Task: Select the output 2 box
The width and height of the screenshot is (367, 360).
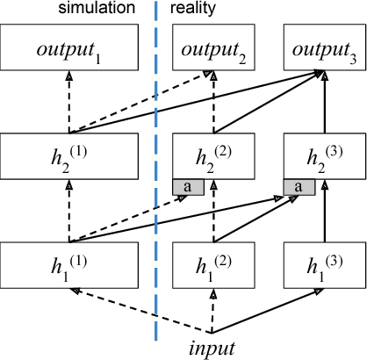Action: point(212,49)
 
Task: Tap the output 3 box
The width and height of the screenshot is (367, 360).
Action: point(319,49)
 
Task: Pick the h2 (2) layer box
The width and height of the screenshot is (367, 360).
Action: point(212,155)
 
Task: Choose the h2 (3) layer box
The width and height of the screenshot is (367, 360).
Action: point(319,155)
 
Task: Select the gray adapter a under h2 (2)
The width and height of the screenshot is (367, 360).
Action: point(188,186)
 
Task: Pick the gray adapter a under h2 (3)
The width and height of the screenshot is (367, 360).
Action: point(299,186)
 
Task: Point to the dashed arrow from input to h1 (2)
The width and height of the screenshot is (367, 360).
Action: point(212,311)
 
